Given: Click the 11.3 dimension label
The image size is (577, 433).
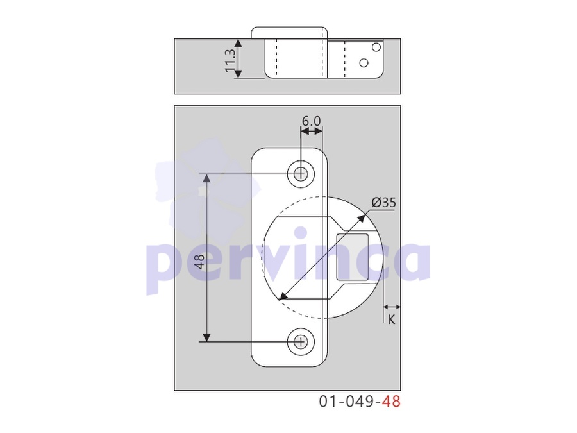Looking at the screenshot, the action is pos(230,60).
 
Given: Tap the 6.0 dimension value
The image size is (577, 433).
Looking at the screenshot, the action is pos(311,121).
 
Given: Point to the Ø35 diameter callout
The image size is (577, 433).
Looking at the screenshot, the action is pos(383,202).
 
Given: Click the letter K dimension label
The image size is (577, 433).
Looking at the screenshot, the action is pos(391,319).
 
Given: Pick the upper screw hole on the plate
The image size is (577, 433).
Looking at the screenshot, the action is pos(301,173).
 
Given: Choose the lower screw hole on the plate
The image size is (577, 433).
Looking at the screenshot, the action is pos(301,342).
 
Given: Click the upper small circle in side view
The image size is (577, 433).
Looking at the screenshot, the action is pos(376,47).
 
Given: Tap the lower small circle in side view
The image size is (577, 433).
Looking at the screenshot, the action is pos(364,63).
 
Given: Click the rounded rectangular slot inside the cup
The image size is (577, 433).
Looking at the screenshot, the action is pos(353,257).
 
